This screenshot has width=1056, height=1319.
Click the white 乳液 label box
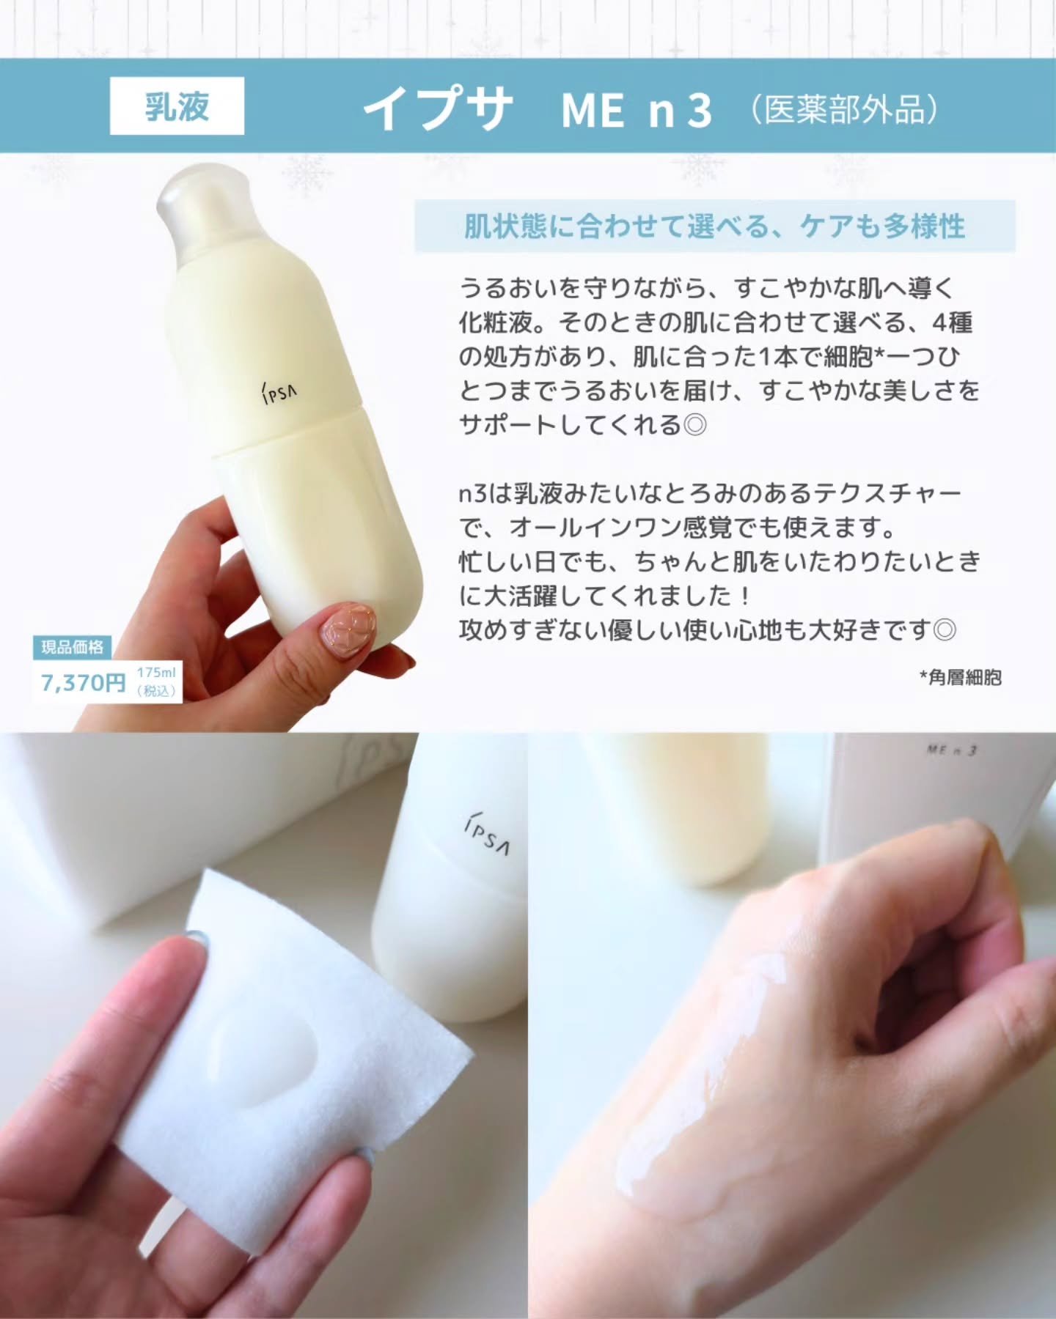(x=177, y=106)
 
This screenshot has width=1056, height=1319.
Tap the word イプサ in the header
(x=438, y=109)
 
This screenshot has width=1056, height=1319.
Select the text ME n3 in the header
(x=636, y=110)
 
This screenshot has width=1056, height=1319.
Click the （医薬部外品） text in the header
(x=843, y=110)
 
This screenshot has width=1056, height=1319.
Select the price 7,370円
(x=83, y=683)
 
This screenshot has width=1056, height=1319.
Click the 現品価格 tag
(x=72, y=647)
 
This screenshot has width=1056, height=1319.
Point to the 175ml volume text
(x=156, y=673)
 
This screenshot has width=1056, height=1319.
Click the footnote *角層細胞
(x=960, y=678)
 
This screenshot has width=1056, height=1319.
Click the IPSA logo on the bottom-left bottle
(x=487, y=835)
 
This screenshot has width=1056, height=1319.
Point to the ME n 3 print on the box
(x=952, y=750)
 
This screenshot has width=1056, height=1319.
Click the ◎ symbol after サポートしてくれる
(x=694, y=426)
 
